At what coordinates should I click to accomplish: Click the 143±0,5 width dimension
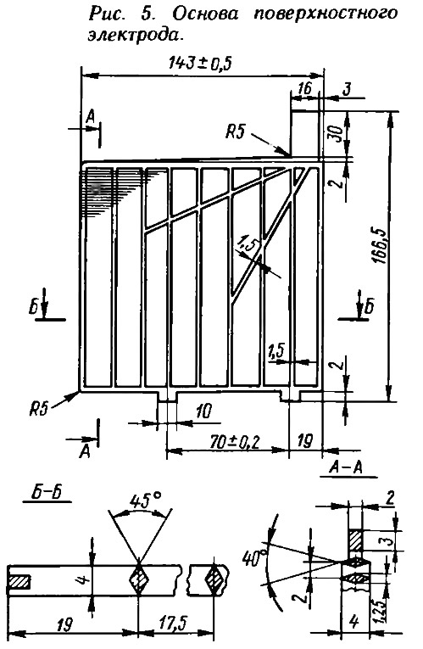click(x=200, y=64)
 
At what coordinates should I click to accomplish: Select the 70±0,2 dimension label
click(x=234, y=443)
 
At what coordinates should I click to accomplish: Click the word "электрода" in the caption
click(x=135, y=35)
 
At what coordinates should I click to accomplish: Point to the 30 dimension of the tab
click(x=337, y=133)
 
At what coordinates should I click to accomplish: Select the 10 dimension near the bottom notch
click(x=203, y=411)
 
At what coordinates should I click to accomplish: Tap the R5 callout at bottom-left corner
click(x=38, y=410)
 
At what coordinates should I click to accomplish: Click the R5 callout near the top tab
click(x=235, y=132)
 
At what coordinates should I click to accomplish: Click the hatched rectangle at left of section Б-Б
click(x=19, y=581)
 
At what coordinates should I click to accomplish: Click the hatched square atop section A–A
click(x=355, y=540)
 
